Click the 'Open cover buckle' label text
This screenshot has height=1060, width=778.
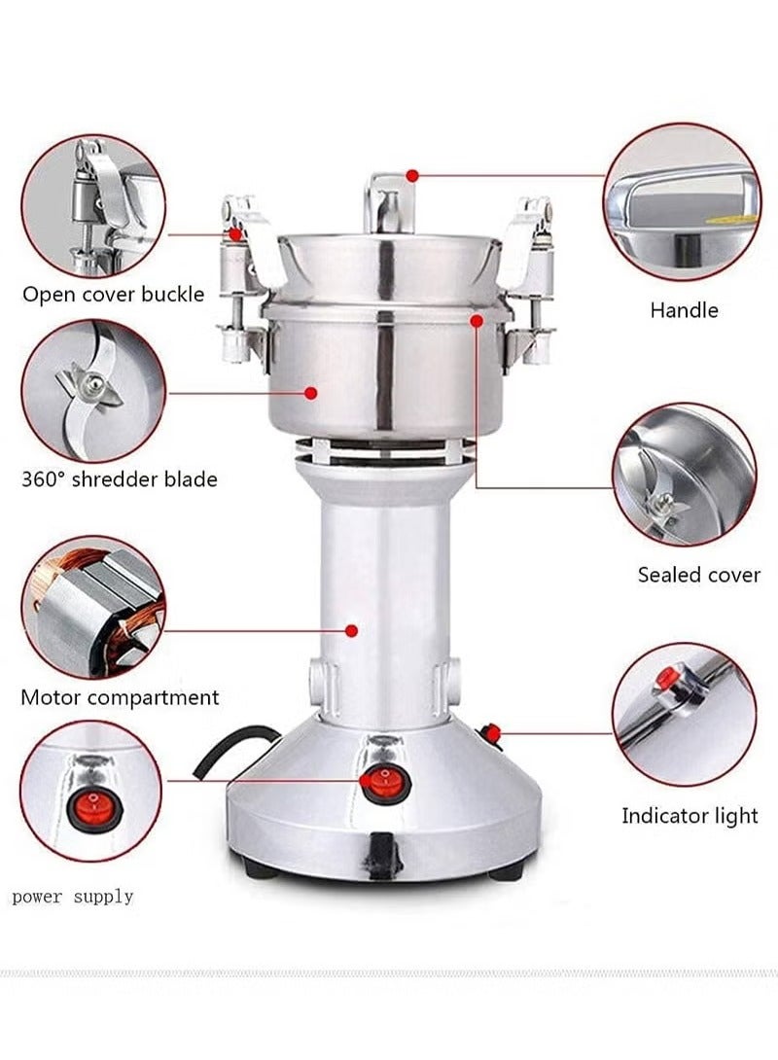113,294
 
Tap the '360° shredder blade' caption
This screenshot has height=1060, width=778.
119,479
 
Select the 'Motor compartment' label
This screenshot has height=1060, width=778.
120,697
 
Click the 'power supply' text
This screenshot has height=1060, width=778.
73,896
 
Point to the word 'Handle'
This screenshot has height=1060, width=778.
684,310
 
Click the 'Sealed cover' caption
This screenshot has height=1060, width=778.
698,575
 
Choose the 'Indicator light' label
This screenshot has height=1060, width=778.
690,816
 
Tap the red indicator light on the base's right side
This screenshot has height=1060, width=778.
492,732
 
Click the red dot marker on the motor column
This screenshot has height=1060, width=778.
352,630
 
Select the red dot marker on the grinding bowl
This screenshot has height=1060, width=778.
311,393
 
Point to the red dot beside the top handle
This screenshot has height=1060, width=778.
412,176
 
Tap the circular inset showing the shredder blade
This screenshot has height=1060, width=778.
92,391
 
